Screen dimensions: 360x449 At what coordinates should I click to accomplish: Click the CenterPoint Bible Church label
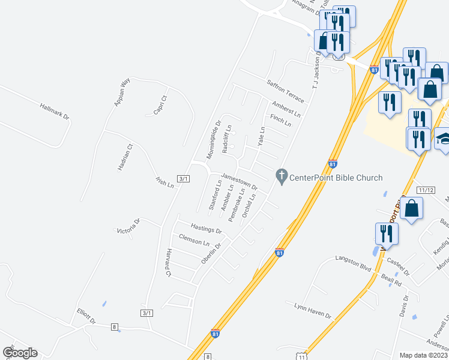pos(336,177)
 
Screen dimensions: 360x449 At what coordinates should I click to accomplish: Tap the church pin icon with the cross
pos(281,176)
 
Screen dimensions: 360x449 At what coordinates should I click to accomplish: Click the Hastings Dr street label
pos(206,229)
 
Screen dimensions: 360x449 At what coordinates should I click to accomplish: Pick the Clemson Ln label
pos(194,241)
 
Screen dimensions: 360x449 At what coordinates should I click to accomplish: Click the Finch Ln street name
pos(280,121)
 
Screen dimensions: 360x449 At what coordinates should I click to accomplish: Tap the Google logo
pos(20,353)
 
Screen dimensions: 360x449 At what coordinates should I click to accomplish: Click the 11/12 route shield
pos(426,190)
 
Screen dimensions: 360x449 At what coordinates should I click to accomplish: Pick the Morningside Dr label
pos(214,140)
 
